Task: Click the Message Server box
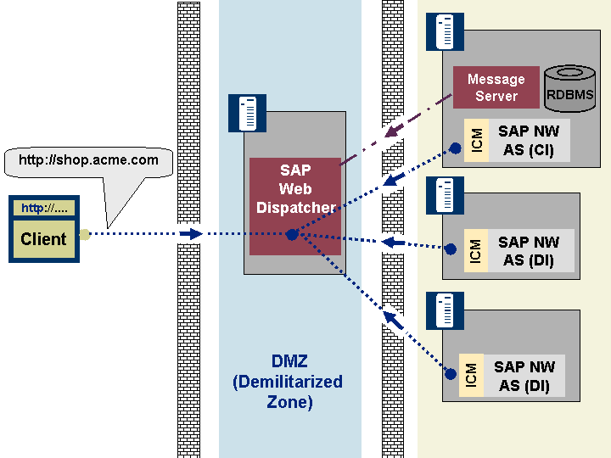point(496,87)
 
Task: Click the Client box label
point(43,239)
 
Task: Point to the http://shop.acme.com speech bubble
point(89,160)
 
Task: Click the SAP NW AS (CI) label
point(528,140)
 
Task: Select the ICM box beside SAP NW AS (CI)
point(476,140)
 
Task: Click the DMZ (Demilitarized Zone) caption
point(288,383)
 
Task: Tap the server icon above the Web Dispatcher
point(247,113)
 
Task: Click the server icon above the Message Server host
point(445,32)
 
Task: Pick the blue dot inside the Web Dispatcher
point(291,234)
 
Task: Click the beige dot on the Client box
point(84,234)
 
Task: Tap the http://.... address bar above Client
point(43,208)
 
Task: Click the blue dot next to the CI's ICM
point(455,148)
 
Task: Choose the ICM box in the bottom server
point(471,376)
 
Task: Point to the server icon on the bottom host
point(445,311)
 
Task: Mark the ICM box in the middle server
point(476,250)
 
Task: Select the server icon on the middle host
point(445,195)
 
